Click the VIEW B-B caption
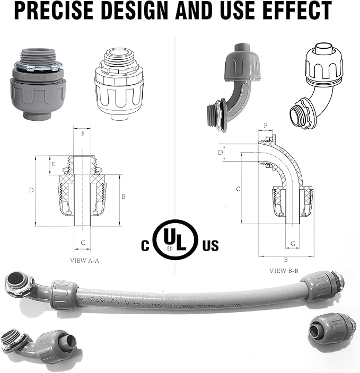(284, 271)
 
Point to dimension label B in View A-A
(124, 197)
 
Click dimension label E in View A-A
(53, 164)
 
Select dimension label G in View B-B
(293, 243)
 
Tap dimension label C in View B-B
(239, 189)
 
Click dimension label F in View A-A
(82, 135)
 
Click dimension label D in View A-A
(32, 190)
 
